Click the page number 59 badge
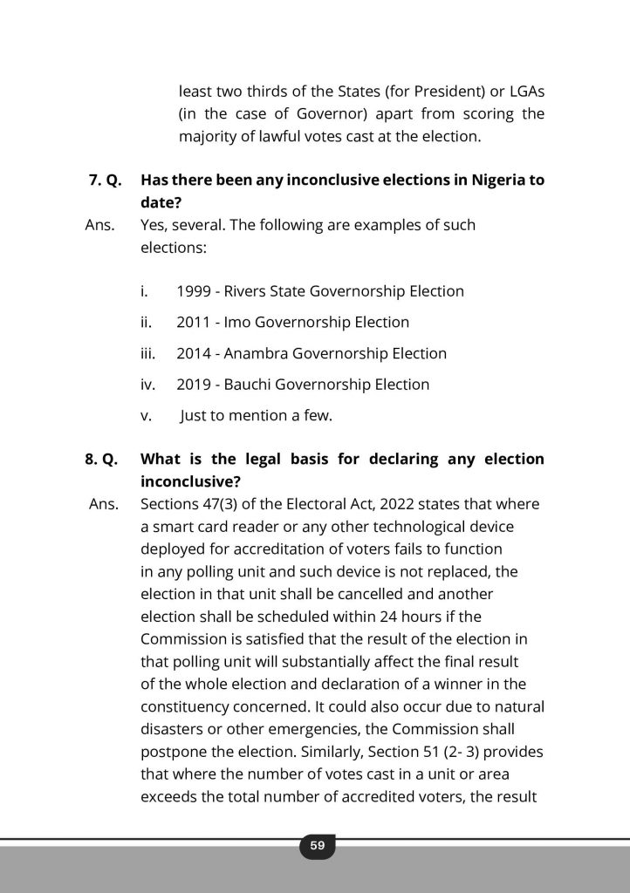pyautogui.click(x=317, y=845)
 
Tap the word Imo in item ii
pyautogui.click(x=237, y=322)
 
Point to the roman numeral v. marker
pyautogui.click(x=146, y=416)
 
